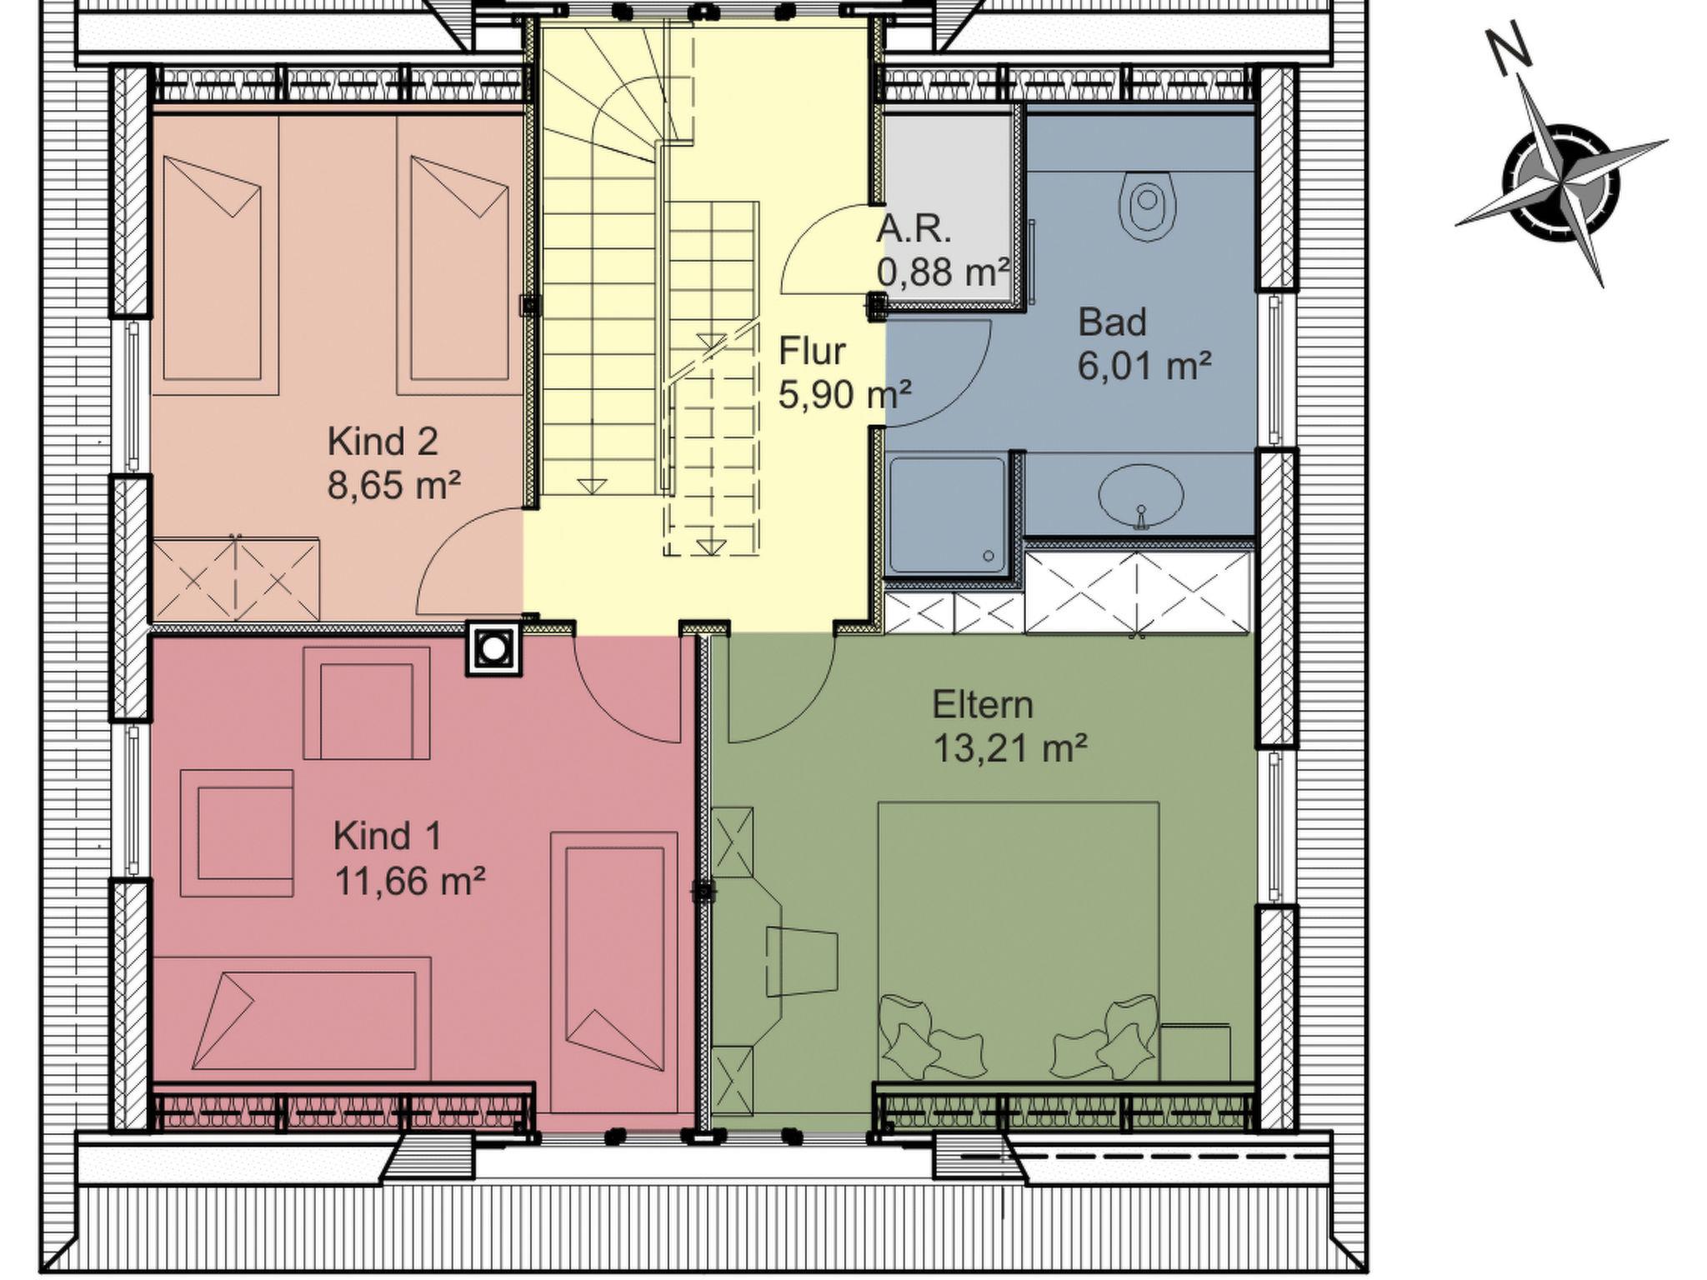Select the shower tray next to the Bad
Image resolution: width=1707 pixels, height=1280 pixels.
948,514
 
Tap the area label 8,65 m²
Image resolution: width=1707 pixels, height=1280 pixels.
393,484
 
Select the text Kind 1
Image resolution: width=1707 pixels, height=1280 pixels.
388,836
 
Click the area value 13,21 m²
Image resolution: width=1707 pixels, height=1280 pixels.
1009,747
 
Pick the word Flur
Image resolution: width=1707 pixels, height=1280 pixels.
812,351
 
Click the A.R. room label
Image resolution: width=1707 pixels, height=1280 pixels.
914,229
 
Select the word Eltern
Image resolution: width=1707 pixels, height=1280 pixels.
983,705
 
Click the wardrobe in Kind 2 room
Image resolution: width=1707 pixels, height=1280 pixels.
235,579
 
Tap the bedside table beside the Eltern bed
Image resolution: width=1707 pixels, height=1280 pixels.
1196,1052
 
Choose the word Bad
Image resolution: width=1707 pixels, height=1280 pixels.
1112,322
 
